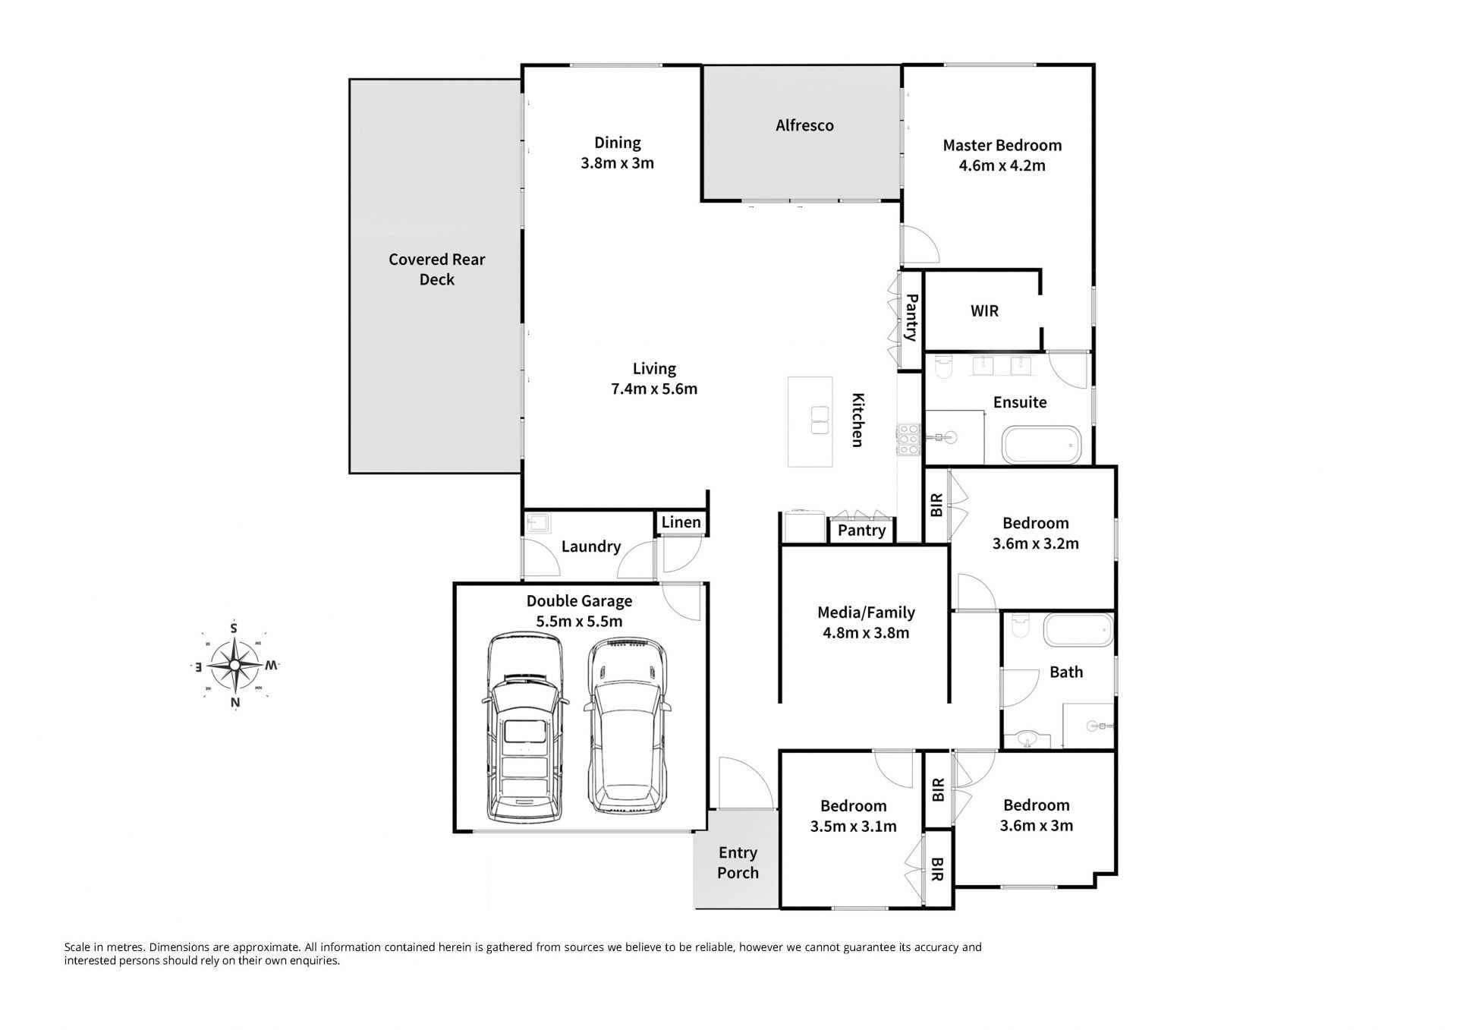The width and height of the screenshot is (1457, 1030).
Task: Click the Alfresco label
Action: [x=804, y=126]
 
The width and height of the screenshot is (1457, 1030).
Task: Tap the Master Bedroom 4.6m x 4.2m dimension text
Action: [x=1002, y=165]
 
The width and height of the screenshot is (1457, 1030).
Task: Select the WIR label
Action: [x=984, y=310]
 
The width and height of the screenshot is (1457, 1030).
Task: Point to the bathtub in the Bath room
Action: [x=1078, y=630]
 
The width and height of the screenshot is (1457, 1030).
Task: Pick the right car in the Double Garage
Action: [x=628, y=726]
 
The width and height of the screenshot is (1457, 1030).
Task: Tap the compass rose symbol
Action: [x=234, y=666]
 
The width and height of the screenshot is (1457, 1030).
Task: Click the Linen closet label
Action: [x=681, y=522]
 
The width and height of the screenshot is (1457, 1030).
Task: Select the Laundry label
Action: [x=591, y=546]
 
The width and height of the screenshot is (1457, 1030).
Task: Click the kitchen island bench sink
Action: [x=820, y=421]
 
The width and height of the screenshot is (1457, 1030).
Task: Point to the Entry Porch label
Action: [x=738, y=863]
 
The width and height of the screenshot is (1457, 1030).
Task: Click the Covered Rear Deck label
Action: [x=437, y=269]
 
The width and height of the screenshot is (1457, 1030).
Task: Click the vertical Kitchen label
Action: [x=858, y=420]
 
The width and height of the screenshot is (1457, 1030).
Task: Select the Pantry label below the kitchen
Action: [x=861, y=531]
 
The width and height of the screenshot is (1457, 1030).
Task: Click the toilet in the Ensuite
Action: [x=942, y=369]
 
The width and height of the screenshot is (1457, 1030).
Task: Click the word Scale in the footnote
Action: [x=78, y=947]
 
